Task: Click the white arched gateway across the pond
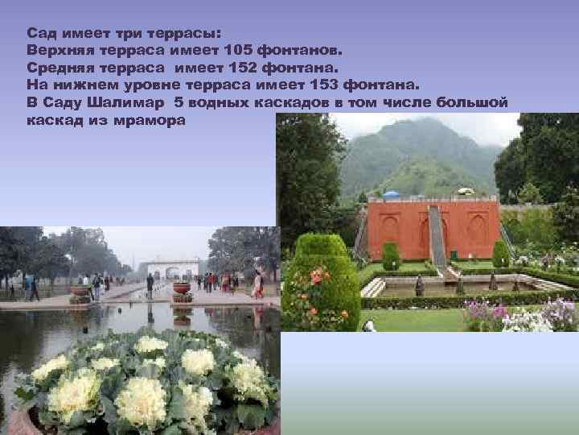pyautogui.click(x=172, y=269)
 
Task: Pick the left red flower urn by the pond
pyautogui.click(x=80, y=292)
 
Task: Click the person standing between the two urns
pyautogui.click(x=150, y=285)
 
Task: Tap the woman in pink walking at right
pyautogui.click(x=257, y=284)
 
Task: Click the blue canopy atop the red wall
pyautogui.click(x=392, y=195)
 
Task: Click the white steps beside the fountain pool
pyautogui.click(x=373, y=288)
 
